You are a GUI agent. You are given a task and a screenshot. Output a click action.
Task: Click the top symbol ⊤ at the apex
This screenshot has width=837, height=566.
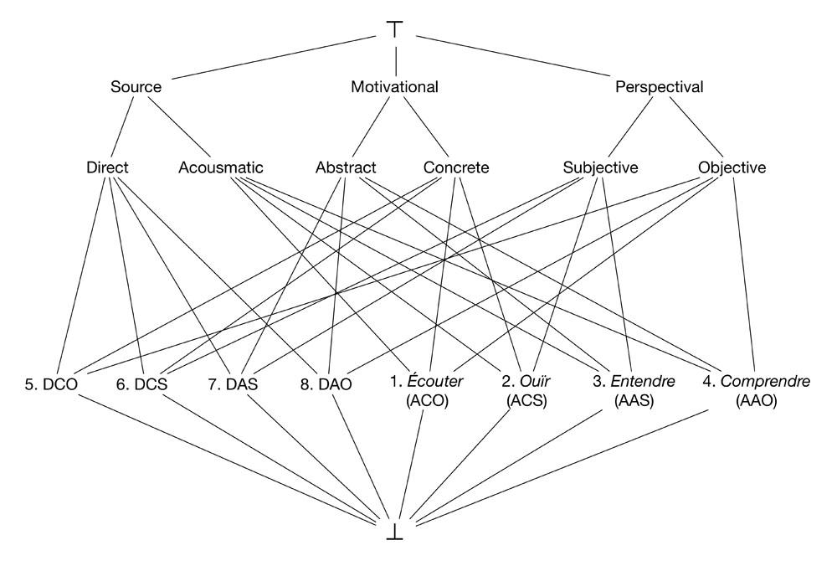click(395, 28)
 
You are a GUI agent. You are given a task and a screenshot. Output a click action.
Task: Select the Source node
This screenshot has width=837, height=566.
click(136, 86)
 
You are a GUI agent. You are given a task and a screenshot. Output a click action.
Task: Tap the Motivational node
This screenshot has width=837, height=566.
click(395, 86)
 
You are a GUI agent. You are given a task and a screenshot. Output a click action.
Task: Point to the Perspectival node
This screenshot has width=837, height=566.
click(659, 86)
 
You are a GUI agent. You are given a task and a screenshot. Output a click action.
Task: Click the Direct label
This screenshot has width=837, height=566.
click(107, 167)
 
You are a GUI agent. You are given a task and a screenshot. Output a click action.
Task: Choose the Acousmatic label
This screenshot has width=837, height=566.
click(221, 167)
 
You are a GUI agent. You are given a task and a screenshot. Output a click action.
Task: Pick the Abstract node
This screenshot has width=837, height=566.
click(346, 167)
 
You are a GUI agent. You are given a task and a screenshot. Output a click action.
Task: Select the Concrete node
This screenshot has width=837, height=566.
click(456, 167)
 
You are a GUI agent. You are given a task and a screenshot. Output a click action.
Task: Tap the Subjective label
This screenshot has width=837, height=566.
click(601, 167)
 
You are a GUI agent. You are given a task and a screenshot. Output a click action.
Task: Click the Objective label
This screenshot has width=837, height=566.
click(732, 167)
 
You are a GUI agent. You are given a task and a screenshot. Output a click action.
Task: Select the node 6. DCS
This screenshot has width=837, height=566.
click(141, 384)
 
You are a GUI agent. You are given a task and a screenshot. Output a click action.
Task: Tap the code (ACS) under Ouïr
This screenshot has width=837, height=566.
click(527, 401)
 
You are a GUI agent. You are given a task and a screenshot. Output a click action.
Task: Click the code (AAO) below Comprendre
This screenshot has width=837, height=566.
click(756, 401)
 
